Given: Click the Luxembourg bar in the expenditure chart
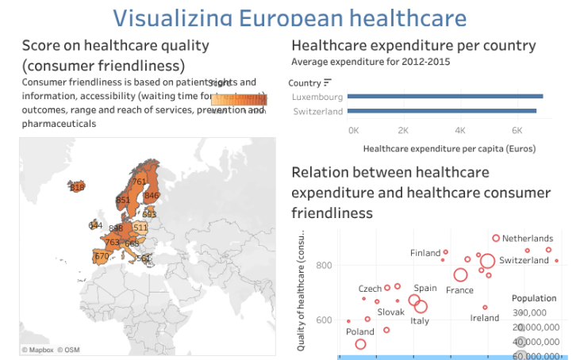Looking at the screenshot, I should click(x=445, y=97).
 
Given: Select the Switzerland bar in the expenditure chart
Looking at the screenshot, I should click(x=442, y=111).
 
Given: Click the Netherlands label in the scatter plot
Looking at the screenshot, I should click(x=528, y=238).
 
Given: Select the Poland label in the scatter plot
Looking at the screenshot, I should click(x=359, y=332).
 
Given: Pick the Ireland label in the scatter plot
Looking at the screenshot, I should click(x=485, y=318).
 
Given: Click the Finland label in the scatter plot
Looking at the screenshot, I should click(x=425, y=253).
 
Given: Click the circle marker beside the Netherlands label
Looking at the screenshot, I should click(x=496, y=238).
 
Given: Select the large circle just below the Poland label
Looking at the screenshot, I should click(x=360, y=344).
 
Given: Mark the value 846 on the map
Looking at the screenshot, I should click(x=152, y=195).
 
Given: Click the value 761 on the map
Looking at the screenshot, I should click(x=139, y=182).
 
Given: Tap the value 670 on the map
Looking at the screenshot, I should click(x=102, y=256).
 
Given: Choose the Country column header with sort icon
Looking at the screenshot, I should click(x=309, y=82).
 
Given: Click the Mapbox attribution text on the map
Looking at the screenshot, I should click(x=36, y=350).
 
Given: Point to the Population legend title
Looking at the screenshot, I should click(x=533, y=298).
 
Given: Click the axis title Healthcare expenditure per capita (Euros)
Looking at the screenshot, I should click(x=449, y=148).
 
